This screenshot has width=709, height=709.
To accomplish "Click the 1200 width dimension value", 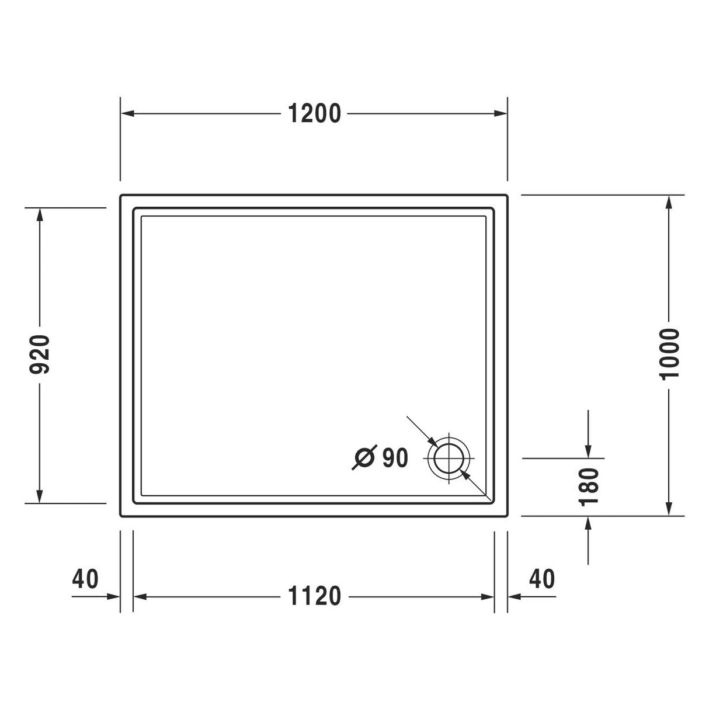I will [x=314, y=113].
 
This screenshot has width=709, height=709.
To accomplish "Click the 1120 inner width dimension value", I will [x=314, y=596].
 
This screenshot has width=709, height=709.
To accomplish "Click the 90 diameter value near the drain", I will [x=395, y=458].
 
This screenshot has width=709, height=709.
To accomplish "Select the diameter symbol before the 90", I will [x=364, y=458].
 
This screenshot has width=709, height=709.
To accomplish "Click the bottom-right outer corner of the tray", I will [x=506, y=516].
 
